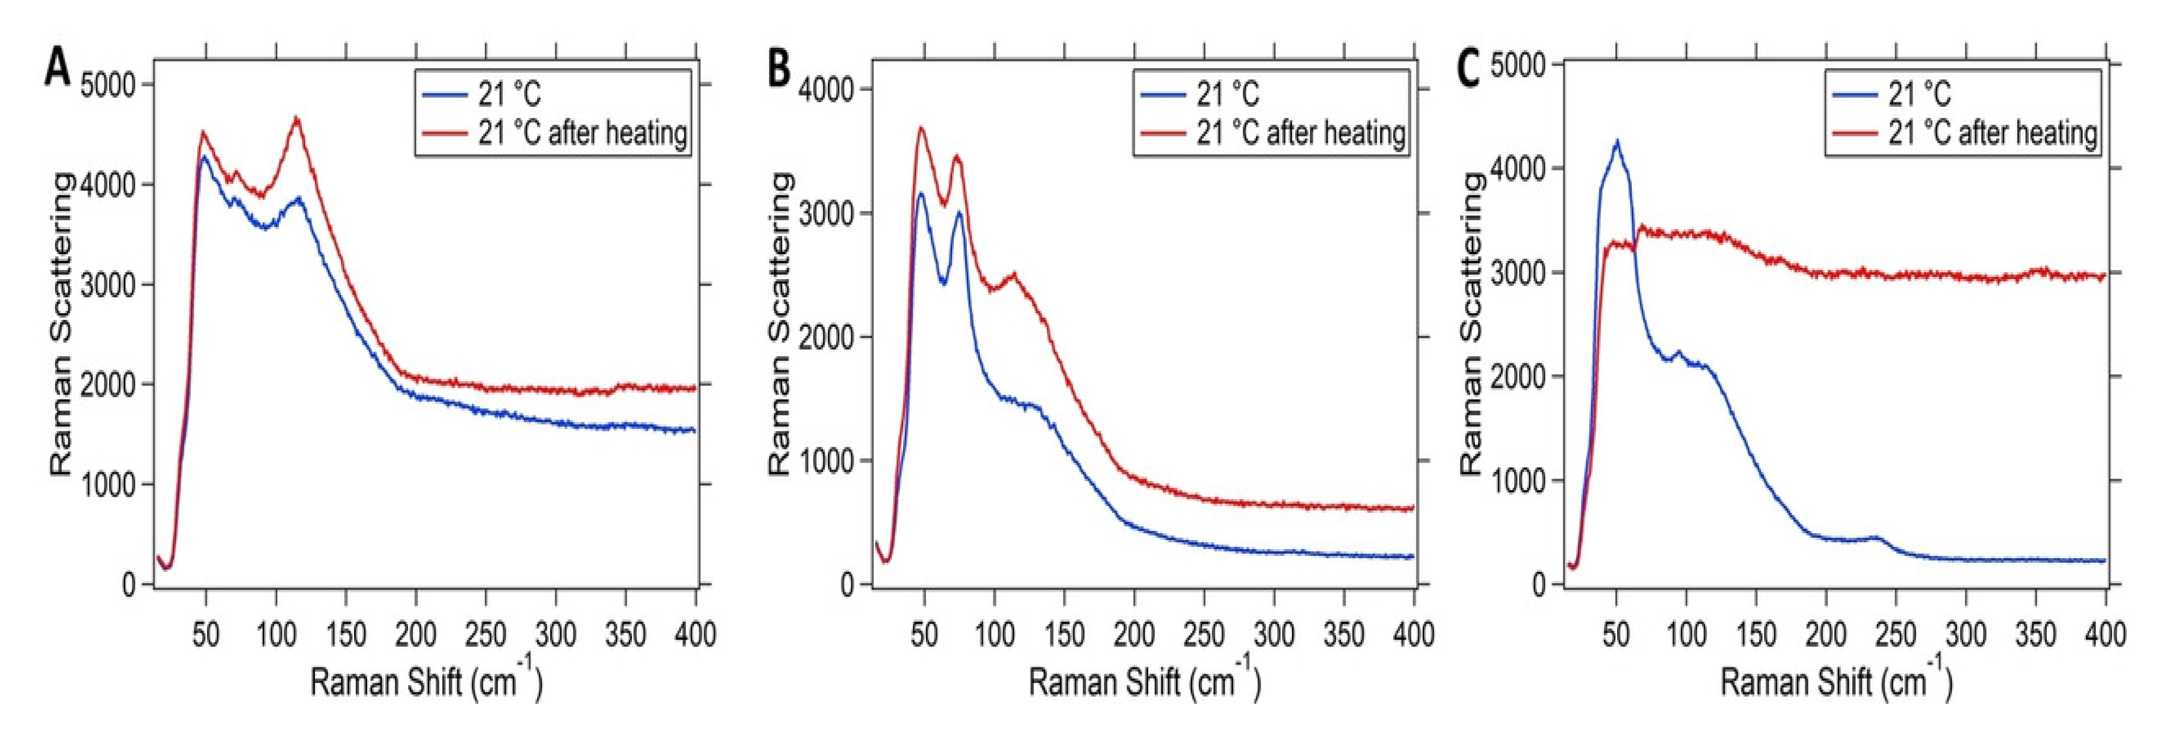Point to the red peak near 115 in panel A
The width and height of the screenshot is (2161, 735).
pos(296,119)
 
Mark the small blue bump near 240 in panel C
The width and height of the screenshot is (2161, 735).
pos(1876,537)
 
